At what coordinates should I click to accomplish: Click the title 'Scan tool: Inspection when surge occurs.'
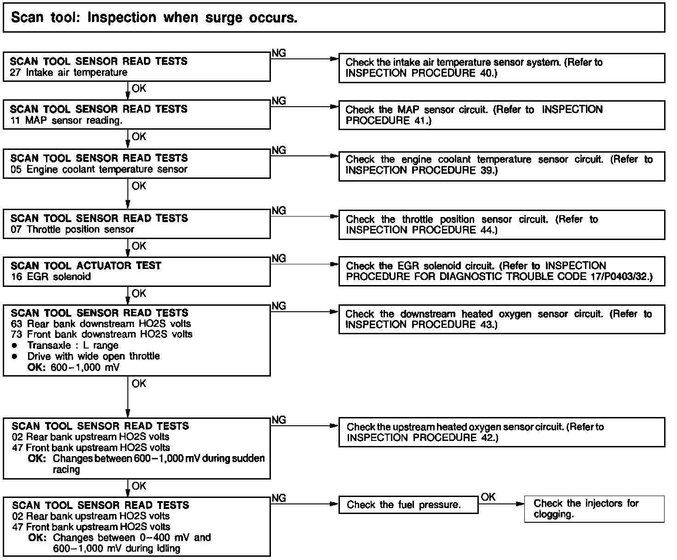154,18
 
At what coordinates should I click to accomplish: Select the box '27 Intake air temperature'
137,67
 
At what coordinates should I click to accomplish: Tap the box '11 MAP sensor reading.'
137,115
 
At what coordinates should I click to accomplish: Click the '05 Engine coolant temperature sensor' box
137,164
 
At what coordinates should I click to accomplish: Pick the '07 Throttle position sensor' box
137,224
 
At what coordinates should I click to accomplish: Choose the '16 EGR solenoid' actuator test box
137,271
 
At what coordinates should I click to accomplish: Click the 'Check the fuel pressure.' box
408,505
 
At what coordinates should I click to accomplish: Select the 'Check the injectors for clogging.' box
594,509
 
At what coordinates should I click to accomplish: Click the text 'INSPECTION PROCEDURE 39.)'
421,170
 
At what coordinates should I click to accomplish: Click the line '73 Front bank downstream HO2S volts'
101,334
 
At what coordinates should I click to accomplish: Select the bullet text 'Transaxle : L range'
73,345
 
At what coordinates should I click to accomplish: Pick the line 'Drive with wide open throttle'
93,356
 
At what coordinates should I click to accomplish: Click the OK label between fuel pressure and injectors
488,497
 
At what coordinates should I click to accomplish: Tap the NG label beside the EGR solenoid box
279,258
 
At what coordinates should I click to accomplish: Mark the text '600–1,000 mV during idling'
116,549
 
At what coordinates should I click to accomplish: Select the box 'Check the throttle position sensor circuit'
501,225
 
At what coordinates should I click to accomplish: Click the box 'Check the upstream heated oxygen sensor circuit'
501,432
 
